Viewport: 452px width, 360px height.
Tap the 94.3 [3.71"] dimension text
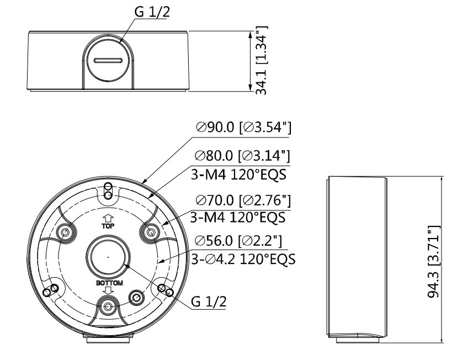coord(434,262)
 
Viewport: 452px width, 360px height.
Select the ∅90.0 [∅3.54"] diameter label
coord(243,127)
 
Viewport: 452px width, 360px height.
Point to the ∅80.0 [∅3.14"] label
coord(242,156)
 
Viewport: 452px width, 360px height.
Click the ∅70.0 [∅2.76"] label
coord(243,200)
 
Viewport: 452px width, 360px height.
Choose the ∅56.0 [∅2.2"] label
coord(238,240)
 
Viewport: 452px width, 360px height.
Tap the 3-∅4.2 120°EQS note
coord(243,259)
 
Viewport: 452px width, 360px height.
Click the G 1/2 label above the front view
coord(152,12)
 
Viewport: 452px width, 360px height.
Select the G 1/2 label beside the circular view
coord(209,301)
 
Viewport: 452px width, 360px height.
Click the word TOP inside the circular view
coord(108,226)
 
